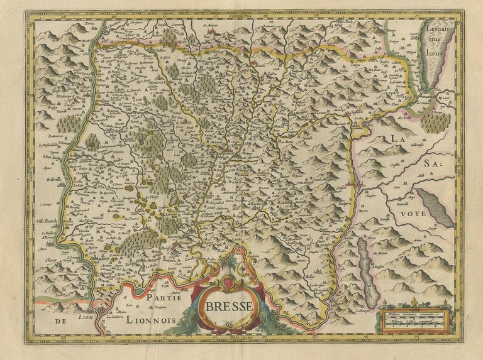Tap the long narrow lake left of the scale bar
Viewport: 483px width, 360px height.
(x=365, y=263)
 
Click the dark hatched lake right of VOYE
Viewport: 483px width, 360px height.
(x=435, y=207)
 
